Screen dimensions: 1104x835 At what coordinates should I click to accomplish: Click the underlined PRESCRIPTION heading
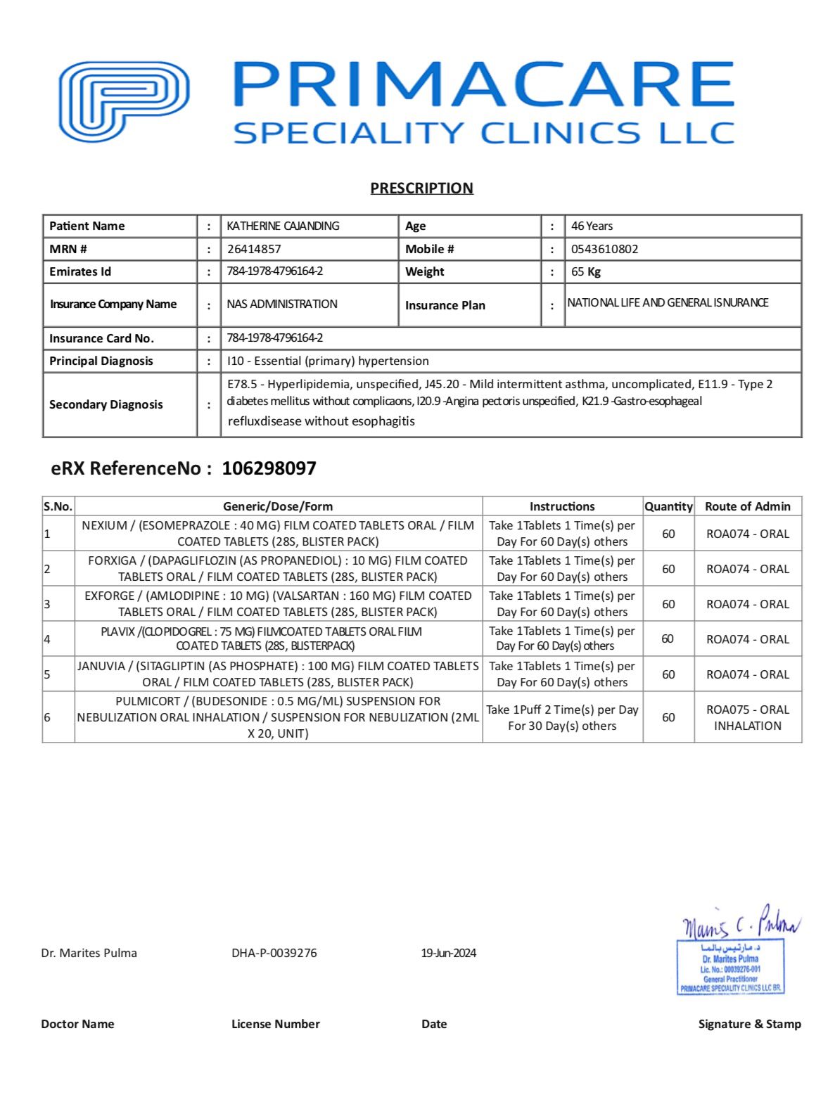click(x=421, y=188)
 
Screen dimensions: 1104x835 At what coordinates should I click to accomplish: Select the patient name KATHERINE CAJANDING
click(x=283, y=226)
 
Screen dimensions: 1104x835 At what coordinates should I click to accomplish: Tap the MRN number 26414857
click(x=254, y=249)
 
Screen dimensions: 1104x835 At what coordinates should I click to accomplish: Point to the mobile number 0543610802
click(x=604, y=249)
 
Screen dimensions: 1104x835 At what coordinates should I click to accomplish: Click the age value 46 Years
click(x=592, y=226)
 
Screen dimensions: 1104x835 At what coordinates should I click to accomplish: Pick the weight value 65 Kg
click(x=585, y=271)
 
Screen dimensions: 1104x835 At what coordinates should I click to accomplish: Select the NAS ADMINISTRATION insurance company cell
click(x=282, y=304)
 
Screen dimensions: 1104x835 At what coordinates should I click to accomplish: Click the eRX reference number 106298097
click(x=269, y=468)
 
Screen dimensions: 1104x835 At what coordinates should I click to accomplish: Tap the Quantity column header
click(x=668, y=506)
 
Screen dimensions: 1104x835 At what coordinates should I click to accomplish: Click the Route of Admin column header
click(x=747, y=506)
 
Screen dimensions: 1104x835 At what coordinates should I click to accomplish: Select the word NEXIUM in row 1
click(x=104, y=525)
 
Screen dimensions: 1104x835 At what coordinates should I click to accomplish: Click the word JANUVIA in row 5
click(x=101, y=666)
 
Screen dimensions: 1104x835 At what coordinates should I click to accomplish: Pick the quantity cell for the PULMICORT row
click(x=668, y=717)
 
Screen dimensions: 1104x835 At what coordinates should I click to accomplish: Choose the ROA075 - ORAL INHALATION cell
click(x=747, y=717)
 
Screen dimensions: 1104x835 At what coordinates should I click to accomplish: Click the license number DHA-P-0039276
click(x=274, y=953)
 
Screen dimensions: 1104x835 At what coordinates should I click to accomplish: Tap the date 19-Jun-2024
click(x=449, y=953)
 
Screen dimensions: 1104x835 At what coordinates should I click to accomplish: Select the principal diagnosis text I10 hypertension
click(x=328, y=361)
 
